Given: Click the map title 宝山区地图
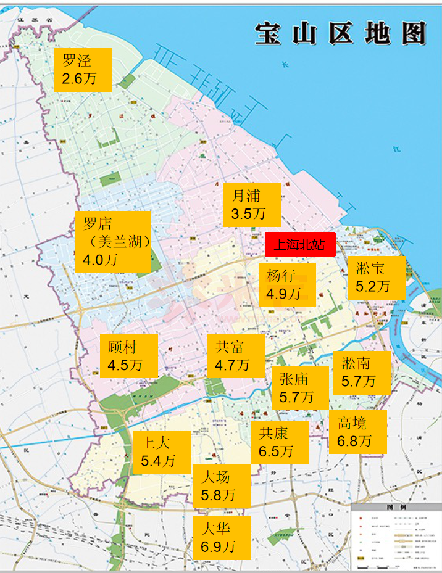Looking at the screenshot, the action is tap(341, 33).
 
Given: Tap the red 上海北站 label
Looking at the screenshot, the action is tap(300, 245).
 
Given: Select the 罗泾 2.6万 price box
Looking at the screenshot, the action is tap(83, 70).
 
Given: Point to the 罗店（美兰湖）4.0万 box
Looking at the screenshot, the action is tap(113, 242).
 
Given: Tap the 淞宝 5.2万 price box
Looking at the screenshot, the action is tap(376, 278).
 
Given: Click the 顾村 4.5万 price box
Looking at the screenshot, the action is tap(128, 356).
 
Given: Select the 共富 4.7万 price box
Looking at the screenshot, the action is tap(235, 356).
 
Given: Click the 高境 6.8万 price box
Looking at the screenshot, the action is tap(357, 432).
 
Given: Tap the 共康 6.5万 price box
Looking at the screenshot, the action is tap(279, 442).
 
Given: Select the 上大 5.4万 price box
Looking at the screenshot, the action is tap(161, 452).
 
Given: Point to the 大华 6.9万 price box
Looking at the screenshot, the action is tap(221, 538).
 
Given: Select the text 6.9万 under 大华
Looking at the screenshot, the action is tap(218, 546).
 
